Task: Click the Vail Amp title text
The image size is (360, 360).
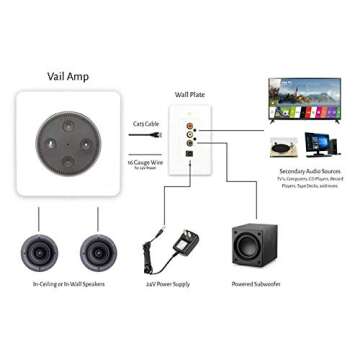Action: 67,76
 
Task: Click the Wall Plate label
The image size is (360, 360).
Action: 190,95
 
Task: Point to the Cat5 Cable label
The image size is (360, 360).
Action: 146,123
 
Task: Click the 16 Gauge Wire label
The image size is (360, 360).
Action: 146,161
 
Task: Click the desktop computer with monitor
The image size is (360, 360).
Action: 321,146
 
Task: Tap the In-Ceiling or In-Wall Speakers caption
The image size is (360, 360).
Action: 69,285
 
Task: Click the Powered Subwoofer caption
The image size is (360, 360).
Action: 254,285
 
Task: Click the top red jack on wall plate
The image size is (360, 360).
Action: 190,127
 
